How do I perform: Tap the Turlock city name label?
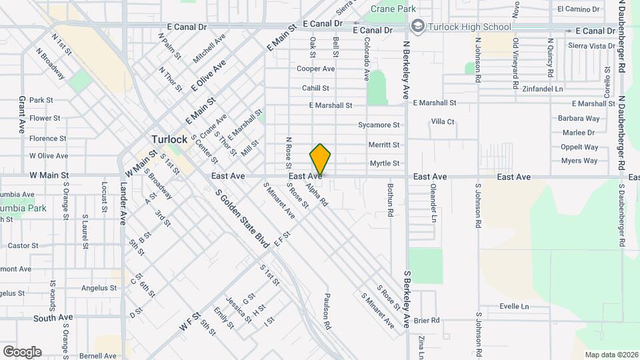[x=169, y=139]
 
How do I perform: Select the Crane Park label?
[x=393, y=9]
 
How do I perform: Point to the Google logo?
[x=22, y=351]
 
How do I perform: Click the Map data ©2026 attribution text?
[x=611, y=355]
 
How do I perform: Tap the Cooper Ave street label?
[x=315, y=69]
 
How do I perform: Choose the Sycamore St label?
[x=379, y=125]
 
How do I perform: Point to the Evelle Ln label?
[x=514, y=307]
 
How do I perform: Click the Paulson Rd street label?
[x=327, y=312]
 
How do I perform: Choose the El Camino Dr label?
[x=579, y=9]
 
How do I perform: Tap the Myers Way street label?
[x=579, y=161]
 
